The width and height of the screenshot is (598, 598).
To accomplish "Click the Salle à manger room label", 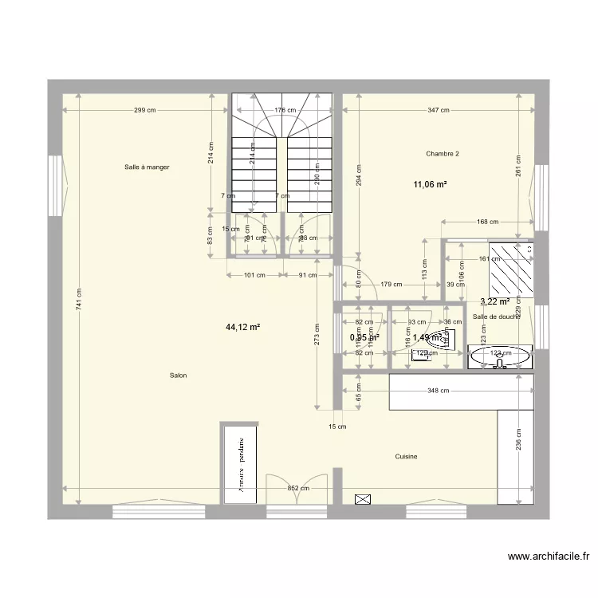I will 147,167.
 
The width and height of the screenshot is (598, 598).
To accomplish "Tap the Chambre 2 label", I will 443,154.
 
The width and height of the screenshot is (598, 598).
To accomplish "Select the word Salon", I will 178,376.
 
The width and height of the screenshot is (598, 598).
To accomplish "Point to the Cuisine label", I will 406,457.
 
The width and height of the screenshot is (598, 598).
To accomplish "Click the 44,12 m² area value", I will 244,327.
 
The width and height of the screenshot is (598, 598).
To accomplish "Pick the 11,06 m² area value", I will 429,185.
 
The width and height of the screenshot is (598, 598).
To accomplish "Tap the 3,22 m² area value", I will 494,301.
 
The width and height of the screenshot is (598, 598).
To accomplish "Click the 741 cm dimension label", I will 78,299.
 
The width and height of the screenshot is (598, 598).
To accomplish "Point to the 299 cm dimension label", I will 144,111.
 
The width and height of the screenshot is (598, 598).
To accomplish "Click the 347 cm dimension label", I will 438,111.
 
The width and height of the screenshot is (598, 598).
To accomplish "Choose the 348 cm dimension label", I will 438,391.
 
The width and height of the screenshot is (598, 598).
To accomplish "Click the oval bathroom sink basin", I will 500,357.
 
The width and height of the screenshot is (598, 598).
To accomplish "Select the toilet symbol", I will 443,340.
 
